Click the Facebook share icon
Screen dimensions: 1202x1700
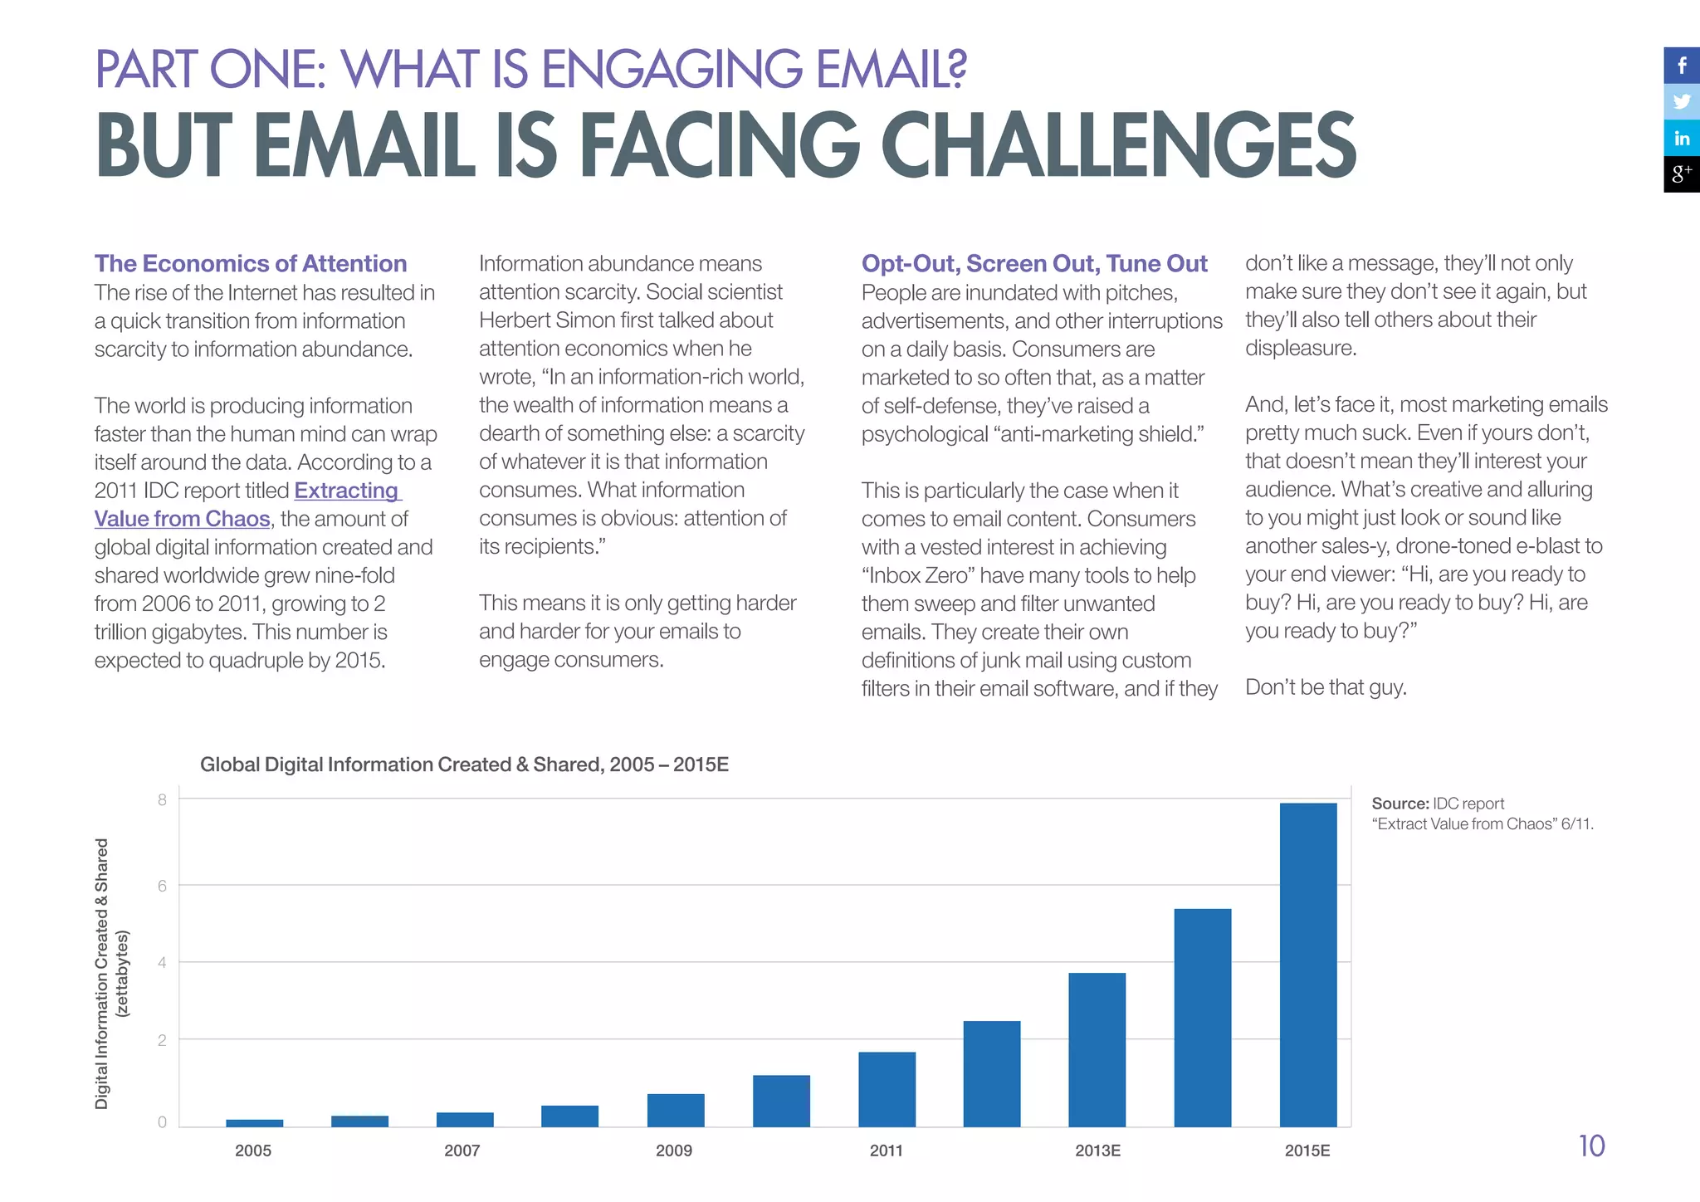1682,66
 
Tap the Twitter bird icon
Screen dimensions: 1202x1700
1682,101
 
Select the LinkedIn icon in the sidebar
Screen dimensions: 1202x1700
1682,138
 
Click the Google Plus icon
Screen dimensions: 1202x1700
1682,174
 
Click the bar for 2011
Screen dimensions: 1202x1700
887,1089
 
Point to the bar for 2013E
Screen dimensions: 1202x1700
1097,1049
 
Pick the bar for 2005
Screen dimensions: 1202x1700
254,1123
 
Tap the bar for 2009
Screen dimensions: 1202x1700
676,1110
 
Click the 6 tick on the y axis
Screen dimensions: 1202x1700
162,886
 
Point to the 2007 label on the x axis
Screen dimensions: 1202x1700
462,1151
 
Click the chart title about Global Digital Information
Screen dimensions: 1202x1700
464,765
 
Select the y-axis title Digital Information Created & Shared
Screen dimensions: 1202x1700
102,973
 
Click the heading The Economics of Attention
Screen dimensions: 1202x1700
251,263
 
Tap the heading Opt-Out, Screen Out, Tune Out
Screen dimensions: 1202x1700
1033,263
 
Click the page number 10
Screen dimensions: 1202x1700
1591,1146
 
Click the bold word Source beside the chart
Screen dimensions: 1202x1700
1400,804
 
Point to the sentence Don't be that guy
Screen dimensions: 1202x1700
1326,687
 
